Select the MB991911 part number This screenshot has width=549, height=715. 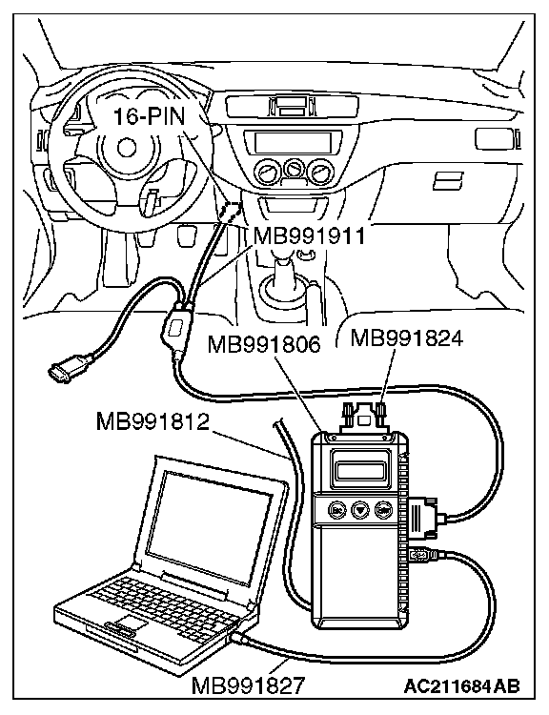(x=310, y=236)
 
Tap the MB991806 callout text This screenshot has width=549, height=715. (x=264, y=344)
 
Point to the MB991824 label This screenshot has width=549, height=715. (x=407, y=338)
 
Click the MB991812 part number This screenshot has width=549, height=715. (x=152, y=421)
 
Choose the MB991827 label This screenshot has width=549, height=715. (x=248, y=685)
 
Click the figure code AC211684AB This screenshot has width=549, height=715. (x=461, y=685)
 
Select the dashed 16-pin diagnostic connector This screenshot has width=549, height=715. (x=232, y=211)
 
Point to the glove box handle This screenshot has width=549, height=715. (x=448, y=180)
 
